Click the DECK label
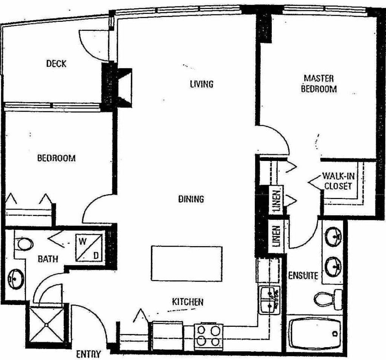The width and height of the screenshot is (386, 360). [56, 64]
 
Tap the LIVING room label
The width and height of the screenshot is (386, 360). [202, 84]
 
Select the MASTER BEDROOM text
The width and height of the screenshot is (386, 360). [319, 83]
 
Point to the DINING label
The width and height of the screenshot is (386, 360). [191, 199]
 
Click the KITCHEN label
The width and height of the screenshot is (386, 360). [188, 302]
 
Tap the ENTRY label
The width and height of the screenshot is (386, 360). [88, 354]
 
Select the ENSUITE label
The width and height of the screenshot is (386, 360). [303, 275]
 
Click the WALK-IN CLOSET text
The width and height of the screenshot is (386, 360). [339, 181]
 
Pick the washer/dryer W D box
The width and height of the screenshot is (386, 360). [89, 248]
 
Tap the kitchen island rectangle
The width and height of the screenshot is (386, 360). [187, 263]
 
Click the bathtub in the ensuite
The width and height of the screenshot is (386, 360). [315, 333]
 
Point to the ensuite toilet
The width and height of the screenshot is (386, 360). [328, 300]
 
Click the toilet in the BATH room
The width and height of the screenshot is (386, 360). [23, 244]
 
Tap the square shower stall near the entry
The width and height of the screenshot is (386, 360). [46, 325]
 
